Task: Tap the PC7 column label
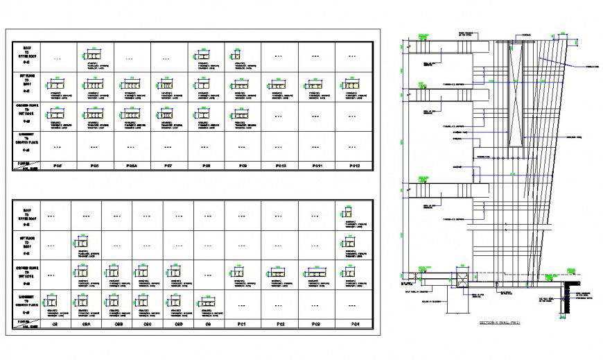[x=168, y=166]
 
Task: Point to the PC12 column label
[x=354, y=166]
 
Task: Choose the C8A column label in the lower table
[x=87, y=325]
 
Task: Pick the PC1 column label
[x=242, y=325]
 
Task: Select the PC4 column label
[x=356, y=325]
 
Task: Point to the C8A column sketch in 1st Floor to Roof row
[x=82, y=243]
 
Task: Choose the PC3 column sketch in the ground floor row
[x=315, y=272]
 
